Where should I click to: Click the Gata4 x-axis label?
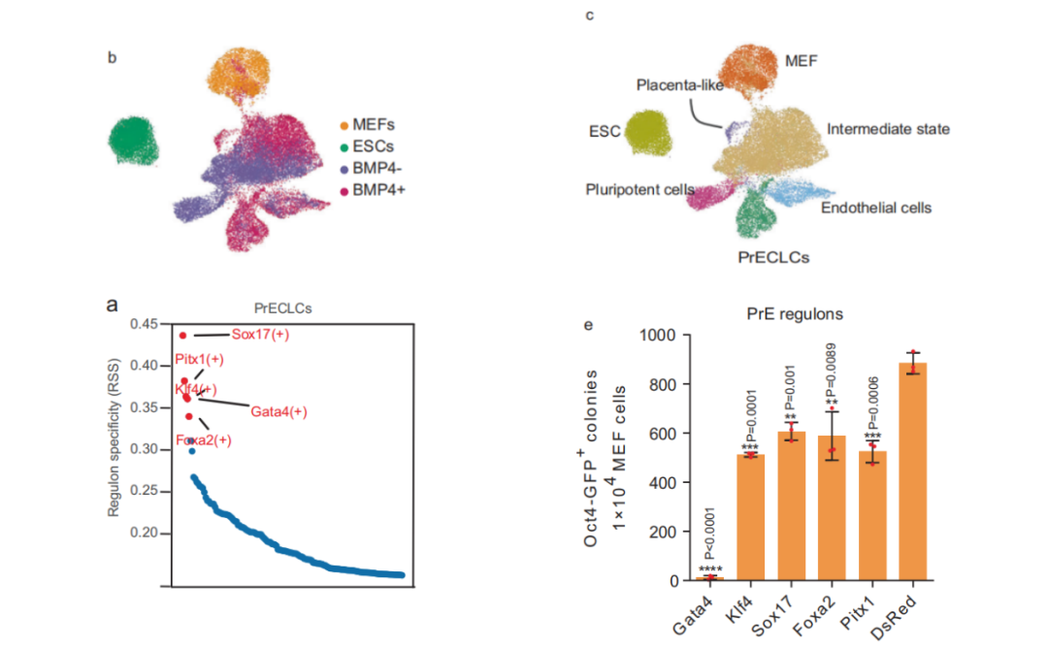696,613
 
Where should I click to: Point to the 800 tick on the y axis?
654,384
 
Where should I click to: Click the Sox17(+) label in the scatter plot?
260,335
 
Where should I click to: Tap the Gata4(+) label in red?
278,411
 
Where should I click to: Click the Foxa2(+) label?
204,440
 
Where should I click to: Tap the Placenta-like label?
678,85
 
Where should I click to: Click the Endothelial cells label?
876,208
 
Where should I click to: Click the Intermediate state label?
888,128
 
